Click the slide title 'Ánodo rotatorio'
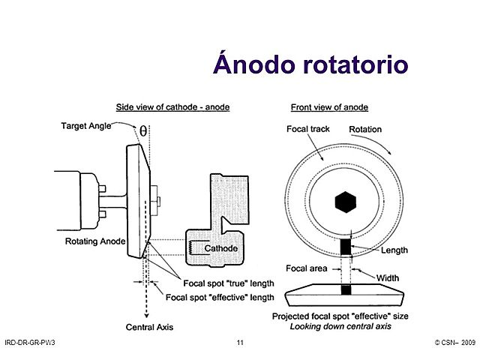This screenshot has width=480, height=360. pos(310,64)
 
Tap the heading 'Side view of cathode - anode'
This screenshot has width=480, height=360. pos(172,106)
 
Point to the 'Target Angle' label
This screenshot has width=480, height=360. pos(85,127)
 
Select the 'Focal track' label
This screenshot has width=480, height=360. pos(307,129)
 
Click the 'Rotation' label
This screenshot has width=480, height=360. pos(365,129)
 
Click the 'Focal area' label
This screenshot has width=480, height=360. pos(306,268)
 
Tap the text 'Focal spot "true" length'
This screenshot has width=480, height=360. pos(229,283)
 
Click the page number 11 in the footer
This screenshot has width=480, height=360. pos(239,343)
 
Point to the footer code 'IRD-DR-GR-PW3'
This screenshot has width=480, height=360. pos(30,343)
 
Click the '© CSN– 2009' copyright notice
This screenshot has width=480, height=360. pos(454,343)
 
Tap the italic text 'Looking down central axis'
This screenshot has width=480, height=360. pos(346,326)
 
